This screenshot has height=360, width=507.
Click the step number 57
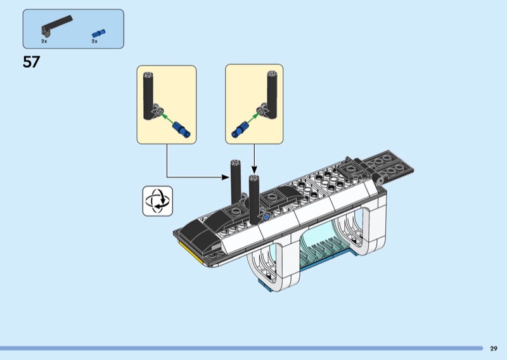(x=31, y=61)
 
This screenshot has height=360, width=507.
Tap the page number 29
(x=494, y=349)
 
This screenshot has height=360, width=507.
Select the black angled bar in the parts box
(x=56, y=25)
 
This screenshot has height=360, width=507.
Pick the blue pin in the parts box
(x=99, y=34)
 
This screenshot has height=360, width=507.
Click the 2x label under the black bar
(x=44, y=41)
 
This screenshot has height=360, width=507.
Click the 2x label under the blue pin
(x=94, y=41)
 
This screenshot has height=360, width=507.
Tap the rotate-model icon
(x=158, y=201)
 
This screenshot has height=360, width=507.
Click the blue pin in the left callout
(x=182, y=129)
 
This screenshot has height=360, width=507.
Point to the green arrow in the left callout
(x=167, y=119)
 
